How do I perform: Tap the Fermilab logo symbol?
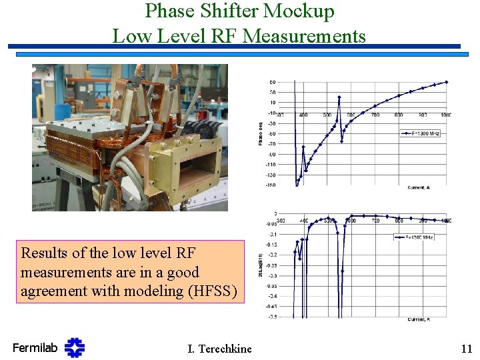tap(75, 347)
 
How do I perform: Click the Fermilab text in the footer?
tap(35, 347)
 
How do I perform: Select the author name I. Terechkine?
tap(220, 348)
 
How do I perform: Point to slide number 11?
tap(466, 348)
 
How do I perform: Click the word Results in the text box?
tap(43, 253)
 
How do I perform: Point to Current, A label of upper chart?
tap(418, 187)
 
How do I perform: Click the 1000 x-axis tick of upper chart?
tap(445, 115)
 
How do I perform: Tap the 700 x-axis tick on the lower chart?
tap(375, 220)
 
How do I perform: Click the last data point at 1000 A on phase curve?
tap(447, 82)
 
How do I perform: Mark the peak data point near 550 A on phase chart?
tap(339, 97)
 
